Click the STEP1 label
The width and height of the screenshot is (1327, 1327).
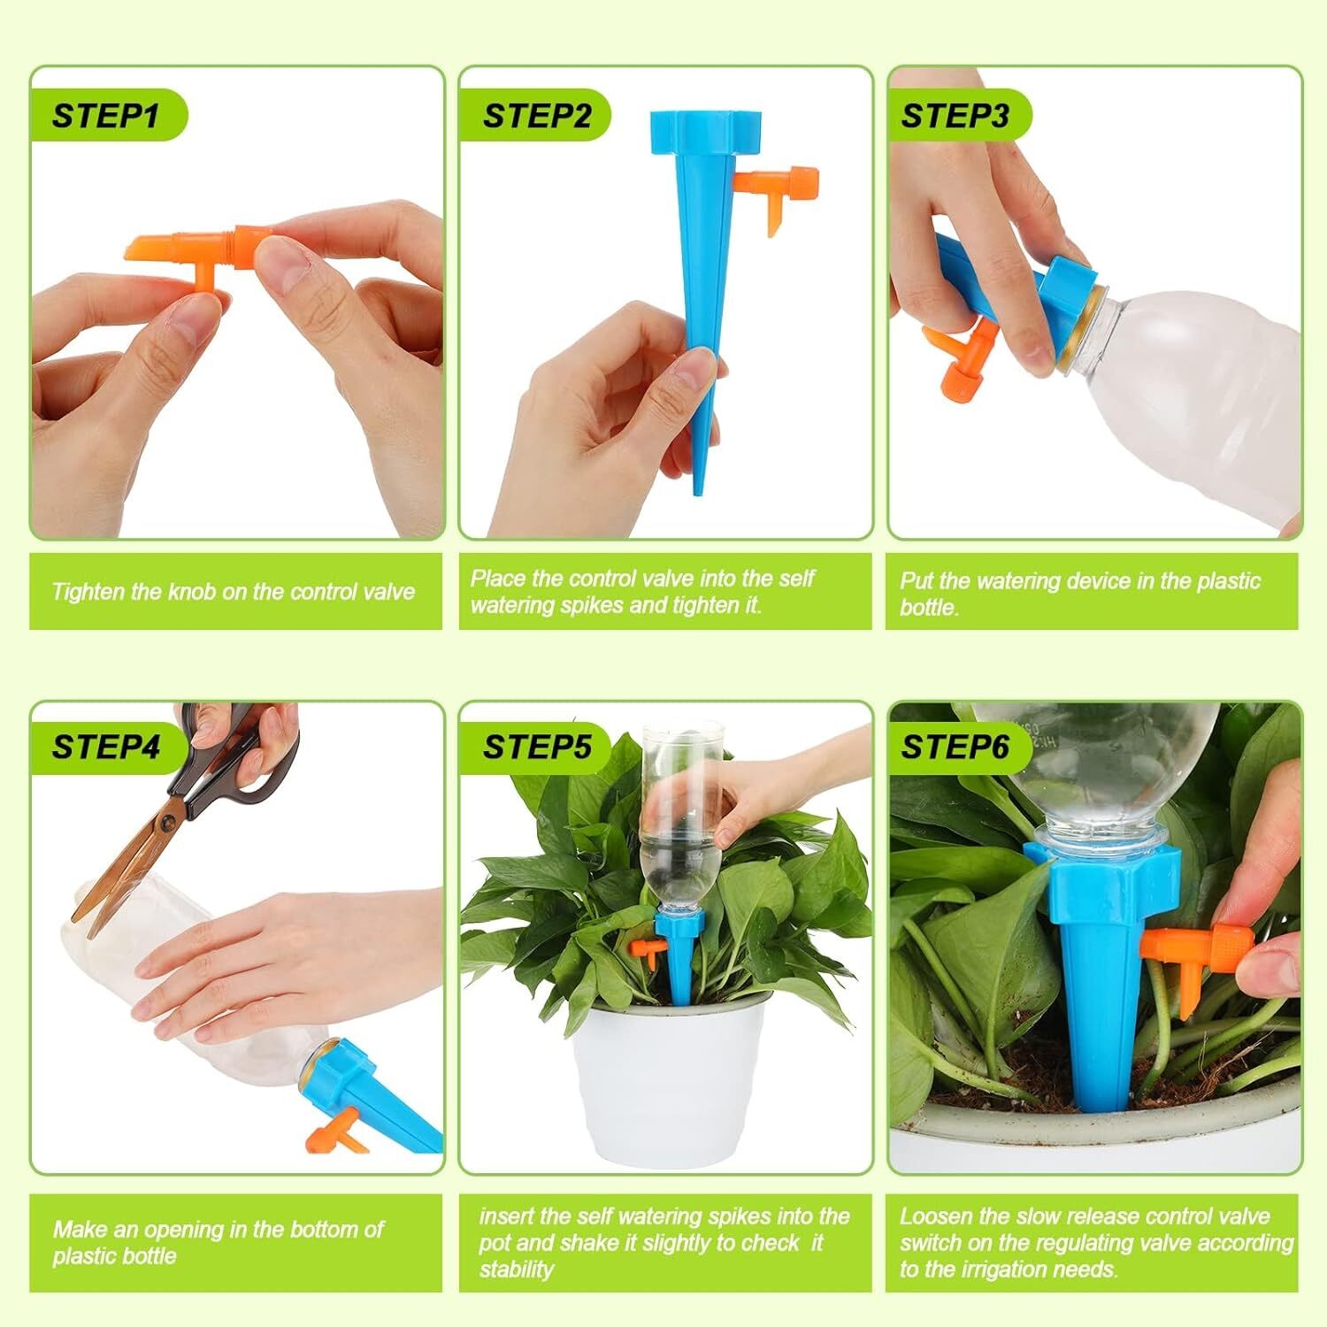105,116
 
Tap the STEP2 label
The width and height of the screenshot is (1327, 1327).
536,116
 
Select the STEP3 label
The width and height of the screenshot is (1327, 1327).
955,116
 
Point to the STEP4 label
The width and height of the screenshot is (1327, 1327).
105,748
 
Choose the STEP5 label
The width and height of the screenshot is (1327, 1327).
536,748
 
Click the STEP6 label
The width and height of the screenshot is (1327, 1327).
955,748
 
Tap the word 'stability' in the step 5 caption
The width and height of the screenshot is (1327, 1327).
517,1269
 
